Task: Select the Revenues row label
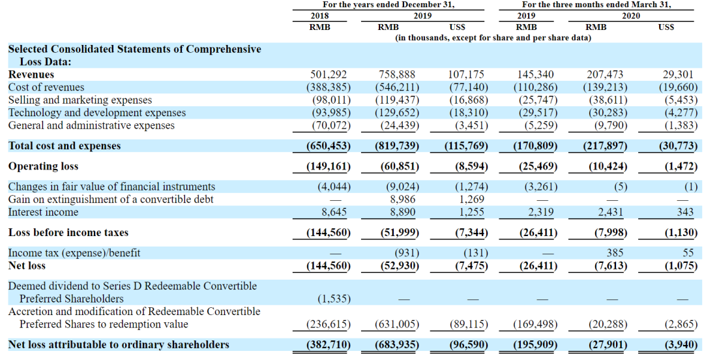[31, 74]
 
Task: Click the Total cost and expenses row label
[65, 146]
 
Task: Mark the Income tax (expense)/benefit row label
[74, 252]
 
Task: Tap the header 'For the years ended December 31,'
[389, 5]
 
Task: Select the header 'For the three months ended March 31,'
[596, 5]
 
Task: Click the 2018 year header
[320, 16]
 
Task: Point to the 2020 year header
[630, 16]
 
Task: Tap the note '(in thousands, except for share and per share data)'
[493, 38]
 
